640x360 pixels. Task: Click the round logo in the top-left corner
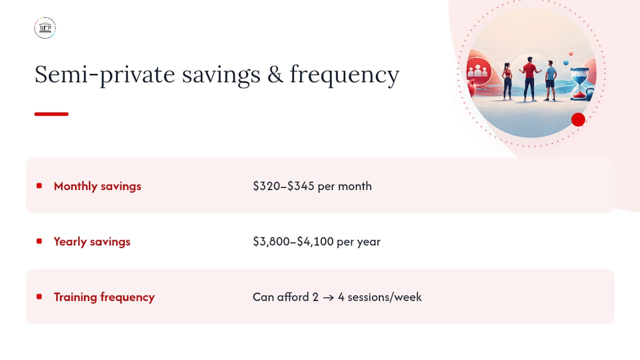tap(45, 27)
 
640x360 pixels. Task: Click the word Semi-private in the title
tap(104, 75)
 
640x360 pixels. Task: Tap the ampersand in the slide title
tap(275, 74)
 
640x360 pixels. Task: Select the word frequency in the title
tap(344, 75)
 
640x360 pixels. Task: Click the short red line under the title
tap(51, 114)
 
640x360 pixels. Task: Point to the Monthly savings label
tap(97, 186)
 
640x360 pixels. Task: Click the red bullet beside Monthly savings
tap(39, 185)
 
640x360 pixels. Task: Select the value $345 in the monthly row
tap(301, 186)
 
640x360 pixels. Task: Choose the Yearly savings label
tap(92, 241)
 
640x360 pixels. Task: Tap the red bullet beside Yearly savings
tap(39, 241)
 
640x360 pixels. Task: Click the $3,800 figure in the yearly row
tap(271, 241)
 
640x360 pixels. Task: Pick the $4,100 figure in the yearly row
tap(315, 241)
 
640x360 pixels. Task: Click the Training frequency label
tap(104, 297)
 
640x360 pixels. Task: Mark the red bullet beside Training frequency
tap(39, 296)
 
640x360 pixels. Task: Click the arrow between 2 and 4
tap(328, 297)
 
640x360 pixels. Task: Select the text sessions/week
tap(384, 297)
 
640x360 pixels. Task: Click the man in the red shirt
tap(529, 79)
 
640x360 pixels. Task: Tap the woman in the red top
tap(507, 81)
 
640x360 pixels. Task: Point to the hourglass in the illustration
tap(579, 84)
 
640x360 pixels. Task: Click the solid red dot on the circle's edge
tap(578, 119)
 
